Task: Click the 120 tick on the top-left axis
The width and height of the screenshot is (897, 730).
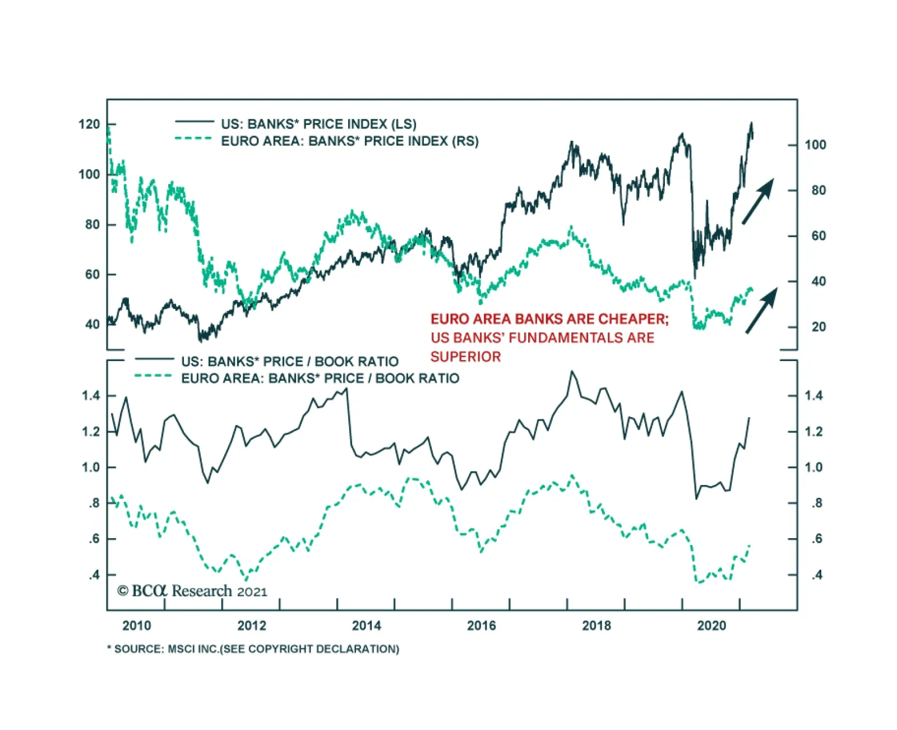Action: [x=89, y=124]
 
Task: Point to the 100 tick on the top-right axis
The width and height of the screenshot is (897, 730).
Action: [x=815, y=145]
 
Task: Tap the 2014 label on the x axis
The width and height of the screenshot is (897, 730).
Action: [x=366, y=625]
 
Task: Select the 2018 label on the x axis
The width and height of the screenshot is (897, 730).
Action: [x=596, y=625]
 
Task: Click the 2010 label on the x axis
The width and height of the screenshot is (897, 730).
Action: [x=136, y=625]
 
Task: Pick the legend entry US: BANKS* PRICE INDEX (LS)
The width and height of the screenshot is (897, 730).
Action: [x=318, y=124]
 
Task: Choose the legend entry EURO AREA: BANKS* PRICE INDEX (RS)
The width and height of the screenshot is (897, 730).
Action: [x=349, y=141]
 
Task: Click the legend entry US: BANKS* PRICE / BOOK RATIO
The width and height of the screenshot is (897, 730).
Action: [x=289, y=361]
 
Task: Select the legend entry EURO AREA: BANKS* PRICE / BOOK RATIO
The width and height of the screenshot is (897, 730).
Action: [x=320, y=378]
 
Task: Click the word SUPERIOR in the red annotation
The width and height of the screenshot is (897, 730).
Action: [x=465, y=357]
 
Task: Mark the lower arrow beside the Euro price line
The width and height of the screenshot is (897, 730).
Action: [x=761, y=310]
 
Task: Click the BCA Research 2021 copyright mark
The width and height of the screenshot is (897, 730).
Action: [x=192, y=591]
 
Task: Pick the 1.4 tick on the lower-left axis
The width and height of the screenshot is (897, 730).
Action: [x=91, y=396]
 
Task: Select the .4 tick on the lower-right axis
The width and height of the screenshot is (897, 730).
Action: [x=817, y=575]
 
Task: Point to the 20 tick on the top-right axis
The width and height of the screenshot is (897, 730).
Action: [x=818, y=327]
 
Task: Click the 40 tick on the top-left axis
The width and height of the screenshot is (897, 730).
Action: [x=92, y=324]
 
